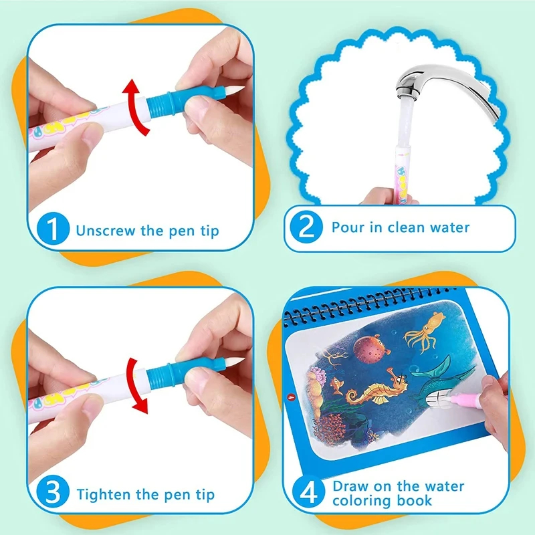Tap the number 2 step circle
point(306,229)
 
